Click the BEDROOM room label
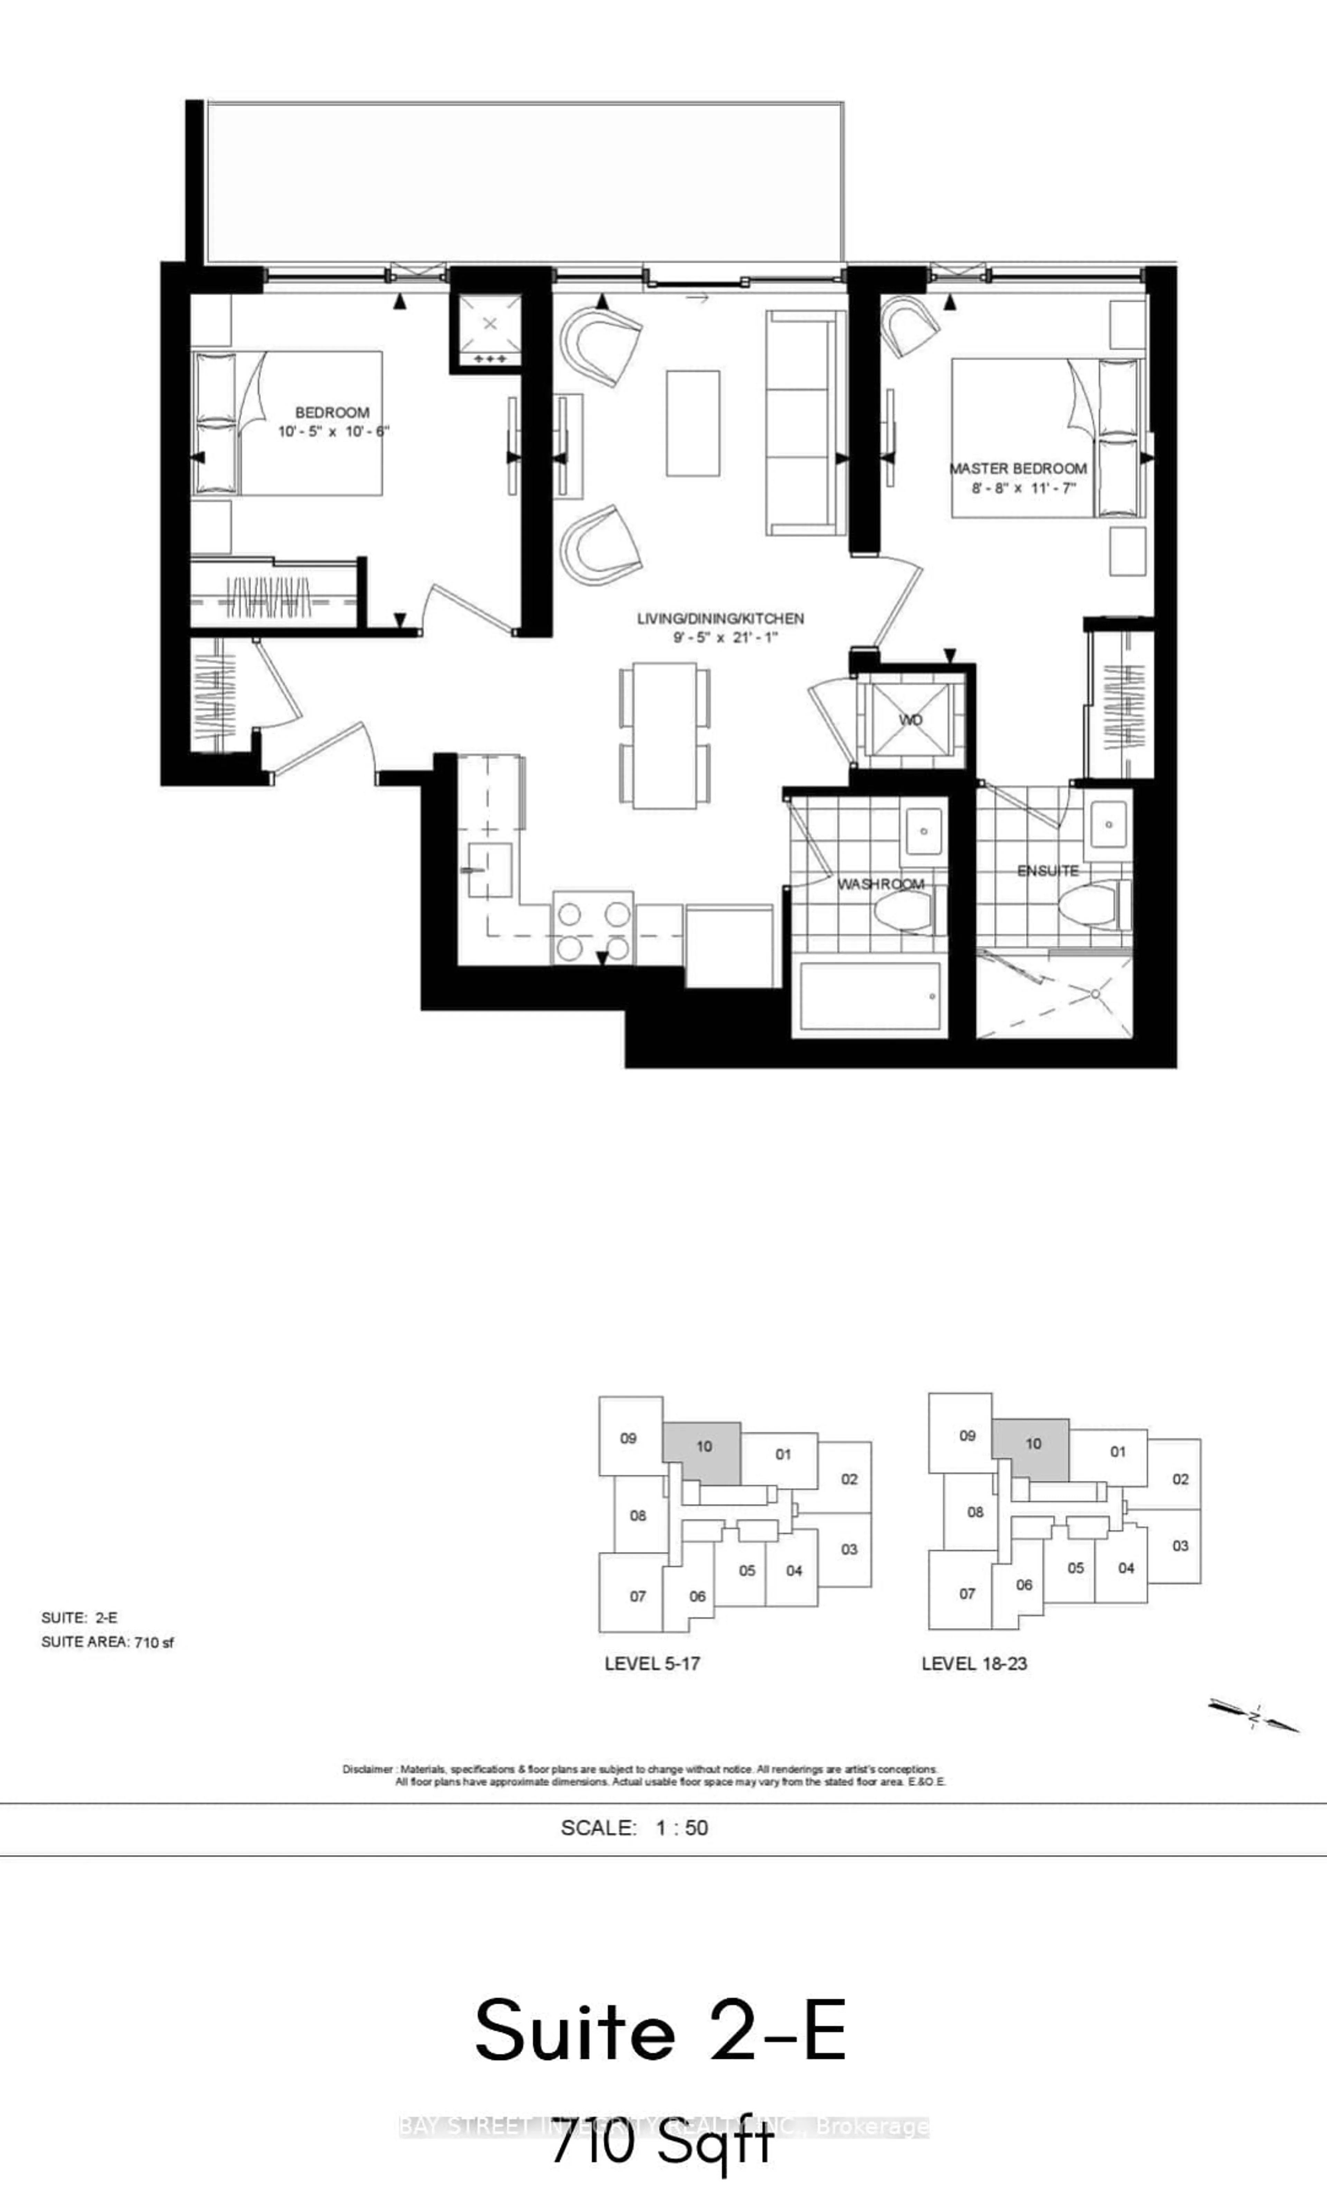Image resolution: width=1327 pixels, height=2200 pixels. pos(332,412)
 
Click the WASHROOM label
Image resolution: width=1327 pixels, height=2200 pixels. pos(881,884)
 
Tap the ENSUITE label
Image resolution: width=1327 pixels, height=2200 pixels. pos(1047,870)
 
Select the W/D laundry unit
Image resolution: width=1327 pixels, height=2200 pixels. pos(911,720)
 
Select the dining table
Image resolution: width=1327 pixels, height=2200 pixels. pos(665,735)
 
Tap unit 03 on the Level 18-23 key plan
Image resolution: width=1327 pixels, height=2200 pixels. pos(1180,1545)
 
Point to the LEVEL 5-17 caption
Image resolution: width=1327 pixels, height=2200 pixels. pos(652,1664)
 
